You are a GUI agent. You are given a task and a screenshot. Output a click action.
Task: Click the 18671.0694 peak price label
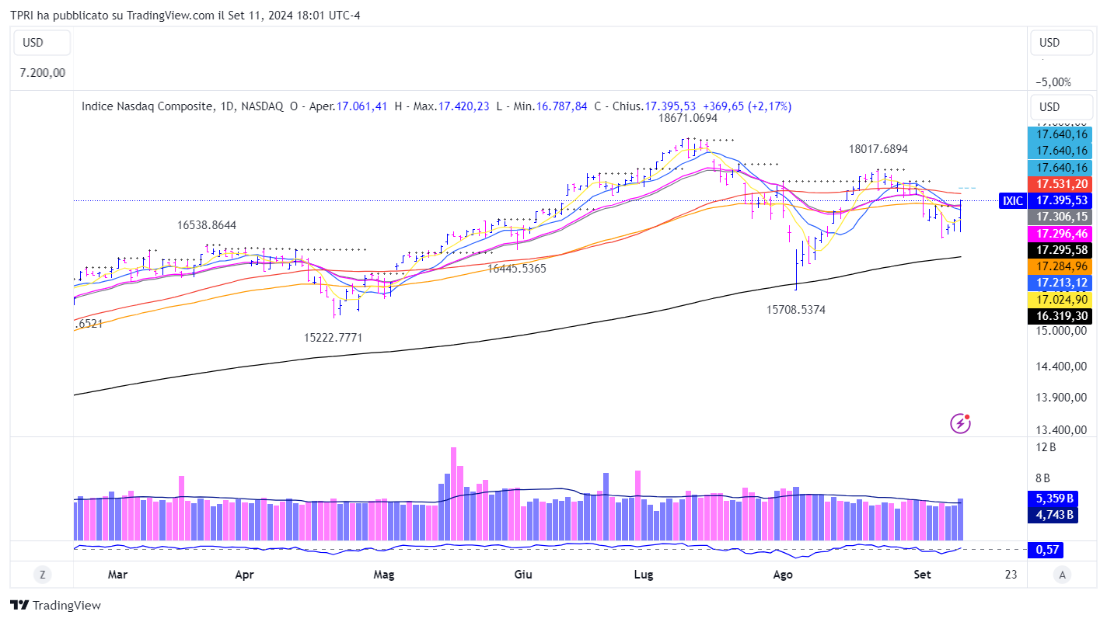(x=687, y=119)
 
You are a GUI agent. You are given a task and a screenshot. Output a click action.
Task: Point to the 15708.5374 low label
(x=796, y=310)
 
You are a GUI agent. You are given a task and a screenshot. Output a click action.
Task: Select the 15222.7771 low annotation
(x=333, y=338)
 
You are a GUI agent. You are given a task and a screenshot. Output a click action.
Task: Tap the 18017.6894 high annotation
(x=878, y=148)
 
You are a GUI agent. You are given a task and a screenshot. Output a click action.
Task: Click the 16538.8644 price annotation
(x=207, y=225)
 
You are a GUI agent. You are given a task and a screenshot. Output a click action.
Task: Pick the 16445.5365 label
(x=517, y=269)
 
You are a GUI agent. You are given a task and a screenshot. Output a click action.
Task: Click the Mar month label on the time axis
(x=117, y=575)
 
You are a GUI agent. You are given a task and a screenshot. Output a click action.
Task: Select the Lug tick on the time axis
(x=643, y=575)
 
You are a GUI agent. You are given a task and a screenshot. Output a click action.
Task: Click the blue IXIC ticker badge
(x=1012, y=200)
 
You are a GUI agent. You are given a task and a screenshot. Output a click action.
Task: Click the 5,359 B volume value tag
(x=1054, y=499)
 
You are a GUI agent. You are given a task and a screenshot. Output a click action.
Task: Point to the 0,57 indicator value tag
(x=1044, y=550)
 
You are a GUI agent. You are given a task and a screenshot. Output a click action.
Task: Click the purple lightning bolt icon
(x=961, y=423)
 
